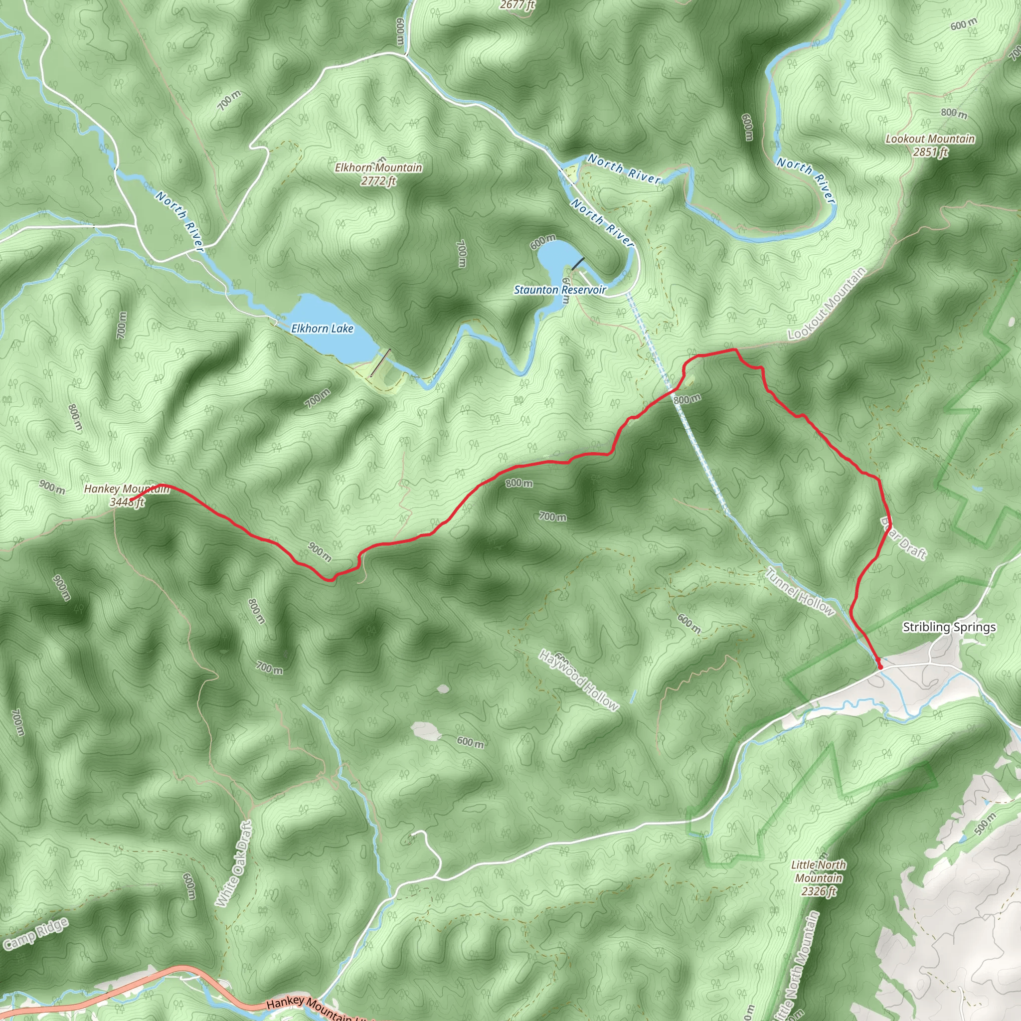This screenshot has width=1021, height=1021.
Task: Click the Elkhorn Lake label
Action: [322, 329]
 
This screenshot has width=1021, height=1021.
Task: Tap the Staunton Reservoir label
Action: [560, 290]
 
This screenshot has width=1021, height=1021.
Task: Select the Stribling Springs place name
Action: [949, 627]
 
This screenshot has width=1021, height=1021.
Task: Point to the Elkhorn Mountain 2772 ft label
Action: [378, 174]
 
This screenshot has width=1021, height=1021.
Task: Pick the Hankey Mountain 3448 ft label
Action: [127, 495]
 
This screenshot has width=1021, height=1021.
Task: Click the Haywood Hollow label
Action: [578, 681]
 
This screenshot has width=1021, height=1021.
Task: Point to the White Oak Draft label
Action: [234, 864]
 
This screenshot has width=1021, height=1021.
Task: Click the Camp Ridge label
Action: [35, 934]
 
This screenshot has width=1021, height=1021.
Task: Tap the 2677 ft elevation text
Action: [517, 5]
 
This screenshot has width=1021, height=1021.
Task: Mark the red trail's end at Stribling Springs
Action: [880, 668]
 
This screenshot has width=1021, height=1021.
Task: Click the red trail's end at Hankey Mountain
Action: [131, 500]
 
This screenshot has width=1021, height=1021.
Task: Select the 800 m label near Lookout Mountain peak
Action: [954, 113]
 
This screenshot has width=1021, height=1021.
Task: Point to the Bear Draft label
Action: [903, 538]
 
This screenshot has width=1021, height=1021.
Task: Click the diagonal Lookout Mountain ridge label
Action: [827, 304]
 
